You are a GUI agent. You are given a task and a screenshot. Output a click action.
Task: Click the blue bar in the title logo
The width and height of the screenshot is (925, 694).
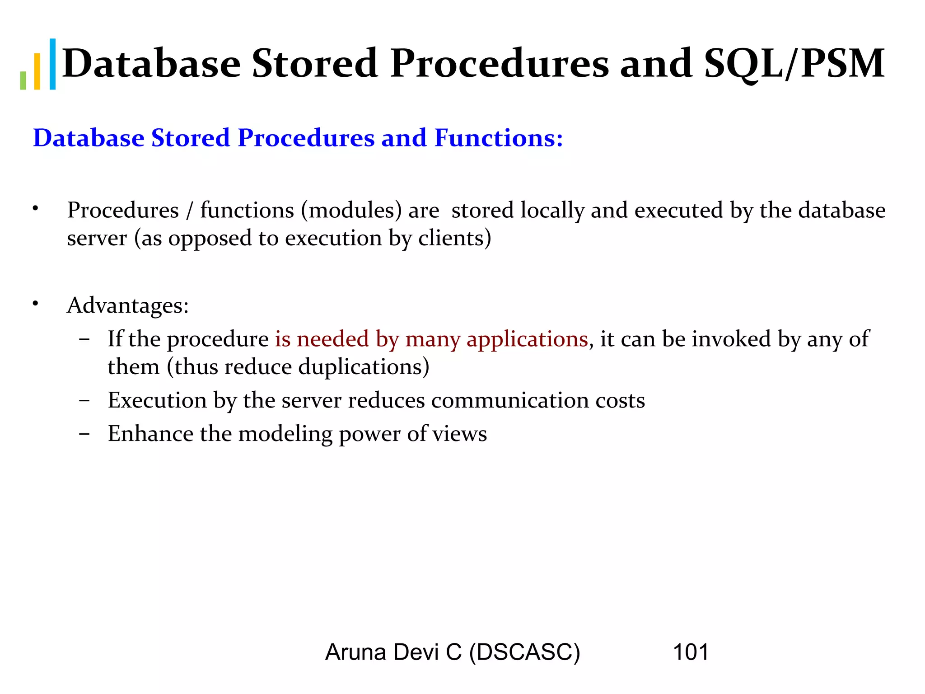[53, 64]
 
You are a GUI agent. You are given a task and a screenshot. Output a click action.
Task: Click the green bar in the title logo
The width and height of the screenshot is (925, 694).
[23, 80]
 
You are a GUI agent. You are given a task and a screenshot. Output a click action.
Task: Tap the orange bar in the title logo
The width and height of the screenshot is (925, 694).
[37, 71]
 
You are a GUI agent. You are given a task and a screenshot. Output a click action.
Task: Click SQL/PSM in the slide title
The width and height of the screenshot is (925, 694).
[794, 64]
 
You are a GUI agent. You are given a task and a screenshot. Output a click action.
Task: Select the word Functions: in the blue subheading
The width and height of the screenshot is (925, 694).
[499, 138]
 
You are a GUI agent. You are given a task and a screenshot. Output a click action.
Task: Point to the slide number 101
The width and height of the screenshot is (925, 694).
[691, 652]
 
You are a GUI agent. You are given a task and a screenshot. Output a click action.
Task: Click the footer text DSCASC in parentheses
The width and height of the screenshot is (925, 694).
[524, 652]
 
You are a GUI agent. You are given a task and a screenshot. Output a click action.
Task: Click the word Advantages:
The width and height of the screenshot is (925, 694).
[128, 305]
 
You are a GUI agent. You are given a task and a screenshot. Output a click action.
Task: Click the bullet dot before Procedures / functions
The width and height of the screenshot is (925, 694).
[35, 209]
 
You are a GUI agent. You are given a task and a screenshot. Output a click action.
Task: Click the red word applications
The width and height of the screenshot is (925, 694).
[527, 339]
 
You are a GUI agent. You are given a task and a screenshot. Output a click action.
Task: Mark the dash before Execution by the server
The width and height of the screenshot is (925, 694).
[84, 400]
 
